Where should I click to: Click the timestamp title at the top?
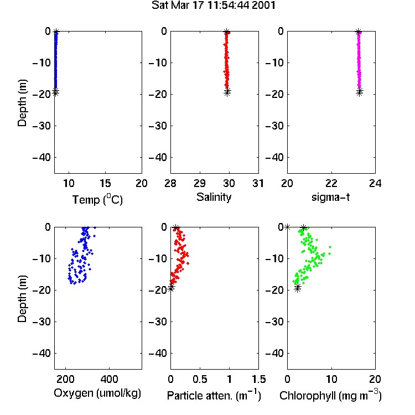pyautogui.click(x=214, y=6)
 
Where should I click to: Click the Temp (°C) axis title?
pyautogui.click(x=97, y=199)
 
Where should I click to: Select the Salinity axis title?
pyautogui.click(x=214, y=197)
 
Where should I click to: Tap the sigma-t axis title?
pyautogui.click(x=330, y=197)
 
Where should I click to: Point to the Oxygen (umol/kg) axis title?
pyautogui.click(x=97, y=393)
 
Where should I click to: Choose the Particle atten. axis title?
pyautogui.click(x=214, y=395)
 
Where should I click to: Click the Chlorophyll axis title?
pyautogui.click(x=330, y=395)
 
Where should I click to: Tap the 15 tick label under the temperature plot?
pyautogui.click(x=105, y=183)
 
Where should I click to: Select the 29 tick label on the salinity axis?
pyautogui.click(x=200, y=183)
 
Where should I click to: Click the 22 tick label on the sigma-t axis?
pyautogui.click(x=331, y=183)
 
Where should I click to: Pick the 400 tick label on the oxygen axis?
pyautogui.click(x=109, y=379)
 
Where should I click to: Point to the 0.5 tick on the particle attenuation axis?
pyautogui.click(x=200, y=379)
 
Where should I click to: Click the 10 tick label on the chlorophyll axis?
pyautogui.click(x=331, y=379)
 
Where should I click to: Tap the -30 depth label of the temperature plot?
pyautogui.click(x=41, y=126)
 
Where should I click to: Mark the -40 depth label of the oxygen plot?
pyautogui.click(x=41, y=353)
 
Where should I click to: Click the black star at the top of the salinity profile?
pyautogui.click(x=226, y=32)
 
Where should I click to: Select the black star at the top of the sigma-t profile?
pyautogui.click(x=358, y=32)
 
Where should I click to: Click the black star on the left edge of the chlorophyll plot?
pyautogui.click(x=287, y=227)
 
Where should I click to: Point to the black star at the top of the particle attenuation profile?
pyautogui.click(x=176, y=227)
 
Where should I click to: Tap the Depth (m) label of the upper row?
pyautogui.click(x=22, y=103)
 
